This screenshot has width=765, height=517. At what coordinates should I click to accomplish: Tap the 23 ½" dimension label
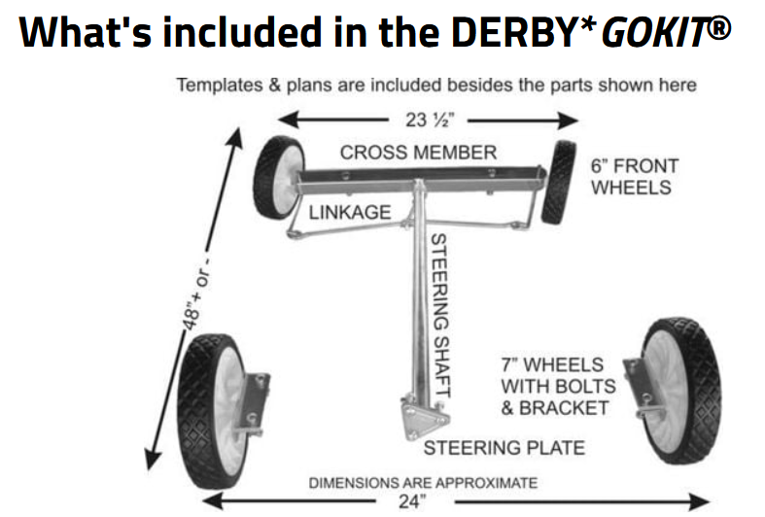point(429,120)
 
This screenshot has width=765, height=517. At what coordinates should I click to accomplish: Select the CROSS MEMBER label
point(418,153)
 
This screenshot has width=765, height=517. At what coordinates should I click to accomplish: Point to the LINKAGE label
point(350,212)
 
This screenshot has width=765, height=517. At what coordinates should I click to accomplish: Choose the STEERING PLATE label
point(504,448)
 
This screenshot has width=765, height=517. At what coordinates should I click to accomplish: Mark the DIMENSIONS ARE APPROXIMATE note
point(422,482)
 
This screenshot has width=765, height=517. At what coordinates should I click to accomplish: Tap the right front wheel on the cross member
point(558,182)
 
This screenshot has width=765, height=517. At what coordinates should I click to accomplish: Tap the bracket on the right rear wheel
point(637,389)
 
